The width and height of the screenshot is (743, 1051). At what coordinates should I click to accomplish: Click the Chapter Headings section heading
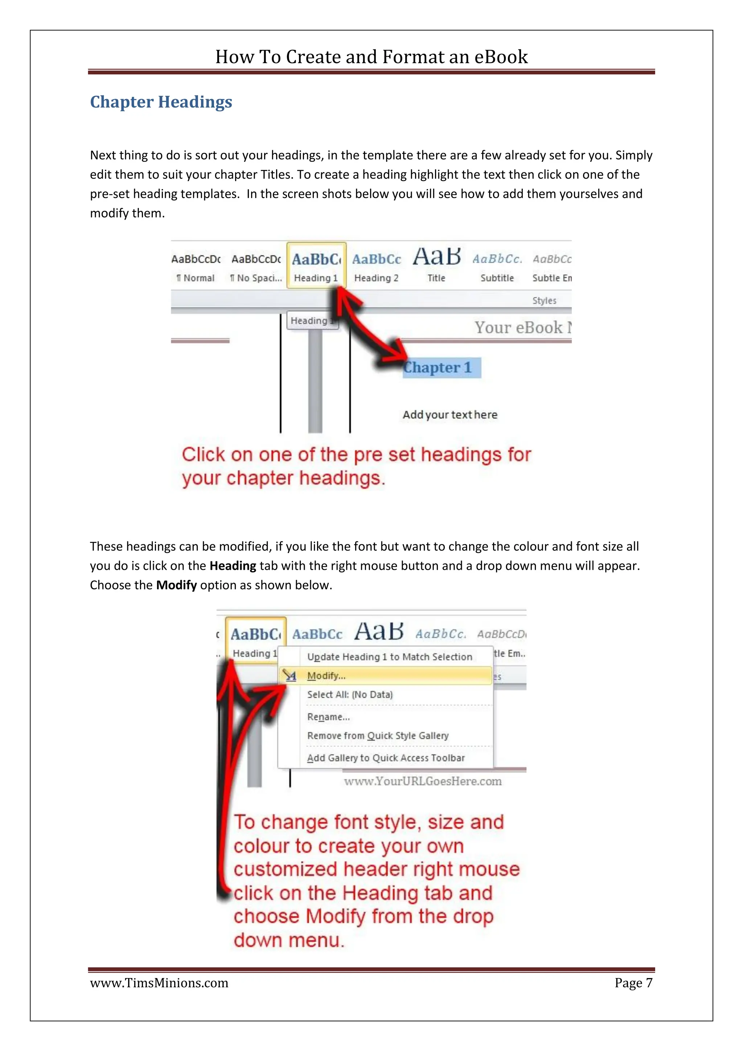click(x=161, y=102)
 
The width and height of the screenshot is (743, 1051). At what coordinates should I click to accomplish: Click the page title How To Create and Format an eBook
click(x=371, y=57)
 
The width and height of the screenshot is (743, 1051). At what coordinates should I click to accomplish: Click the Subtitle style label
click(x=497, y=278)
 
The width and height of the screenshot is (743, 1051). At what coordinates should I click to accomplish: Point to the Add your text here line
click(x=450, y=415)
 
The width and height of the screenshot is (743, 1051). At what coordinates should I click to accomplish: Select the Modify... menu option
click(x=326, y=676)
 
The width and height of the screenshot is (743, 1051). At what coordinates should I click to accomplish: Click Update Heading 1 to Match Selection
click(x=389, y=657)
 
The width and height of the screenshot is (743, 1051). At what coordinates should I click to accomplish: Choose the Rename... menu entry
click(x=328, y=717)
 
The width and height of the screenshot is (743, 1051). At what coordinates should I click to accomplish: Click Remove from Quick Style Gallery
click(x=377, y=736)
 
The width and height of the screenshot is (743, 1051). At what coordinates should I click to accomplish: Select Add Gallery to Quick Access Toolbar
click(x=385, y=758)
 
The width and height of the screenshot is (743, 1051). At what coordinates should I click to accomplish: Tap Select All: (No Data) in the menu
click(x=349, y=694)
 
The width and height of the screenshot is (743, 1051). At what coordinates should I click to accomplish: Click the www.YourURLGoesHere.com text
click(x=423, y=781)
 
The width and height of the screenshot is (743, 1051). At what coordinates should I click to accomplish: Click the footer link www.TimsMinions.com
click(x=159, y=983)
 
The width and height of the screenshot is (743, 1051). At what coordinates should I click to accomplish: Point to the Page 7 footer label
click(x=633, y=983)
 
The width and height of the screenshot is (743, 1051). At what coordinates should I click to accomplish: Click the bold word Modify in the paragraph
click(x=176, y=585)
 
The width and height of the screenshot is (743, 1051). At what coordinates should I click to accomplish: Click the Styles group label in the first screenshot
click(x=544, y=301)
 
